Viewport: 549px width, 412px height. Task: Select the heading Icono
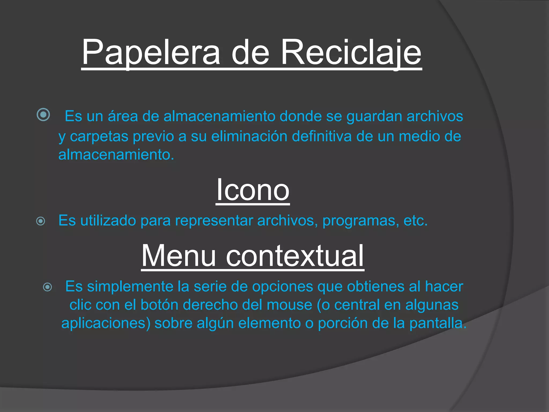(253, 190)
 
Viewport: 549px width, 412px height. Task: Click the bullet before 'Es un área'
(43, 115)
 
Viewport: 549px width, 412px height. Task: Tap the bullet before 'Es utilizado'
(41, 221)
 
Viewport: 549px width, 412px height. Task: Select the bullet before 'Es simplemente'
(48, 287)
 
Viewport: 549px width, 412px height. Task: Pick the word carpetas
(99, 136)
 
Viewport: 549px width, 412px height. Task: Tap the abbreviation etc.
(415, 221)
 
